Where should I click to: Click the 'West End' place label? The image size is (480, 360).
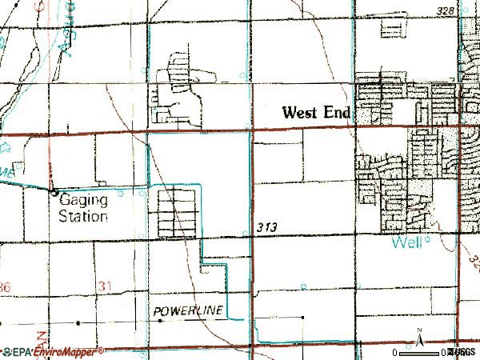(x=316, y=114)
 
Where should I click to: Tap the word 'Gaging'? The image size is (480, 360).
(x=82, y=203)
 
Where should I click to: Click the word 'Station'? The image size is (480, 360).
(x=84, y=217)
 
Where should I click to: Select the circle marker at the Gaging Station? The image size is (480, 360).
(x=54, y=192)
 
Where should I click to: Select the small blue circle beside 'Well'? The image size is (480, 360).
(x=428, y=239)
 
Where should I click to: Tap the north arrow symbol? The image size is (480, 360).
(x=419, y=341)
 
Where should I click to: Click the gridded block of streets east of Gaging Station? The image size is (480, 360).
(x=176, y=210)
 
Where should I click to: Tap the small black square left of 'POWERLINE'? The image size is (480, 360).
(x=160, y=320)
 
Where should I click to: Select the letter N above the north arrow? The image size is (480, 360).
(x=419, y=330)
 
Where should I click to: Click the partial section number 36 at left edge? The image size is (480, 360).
(x=6, y=286)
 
